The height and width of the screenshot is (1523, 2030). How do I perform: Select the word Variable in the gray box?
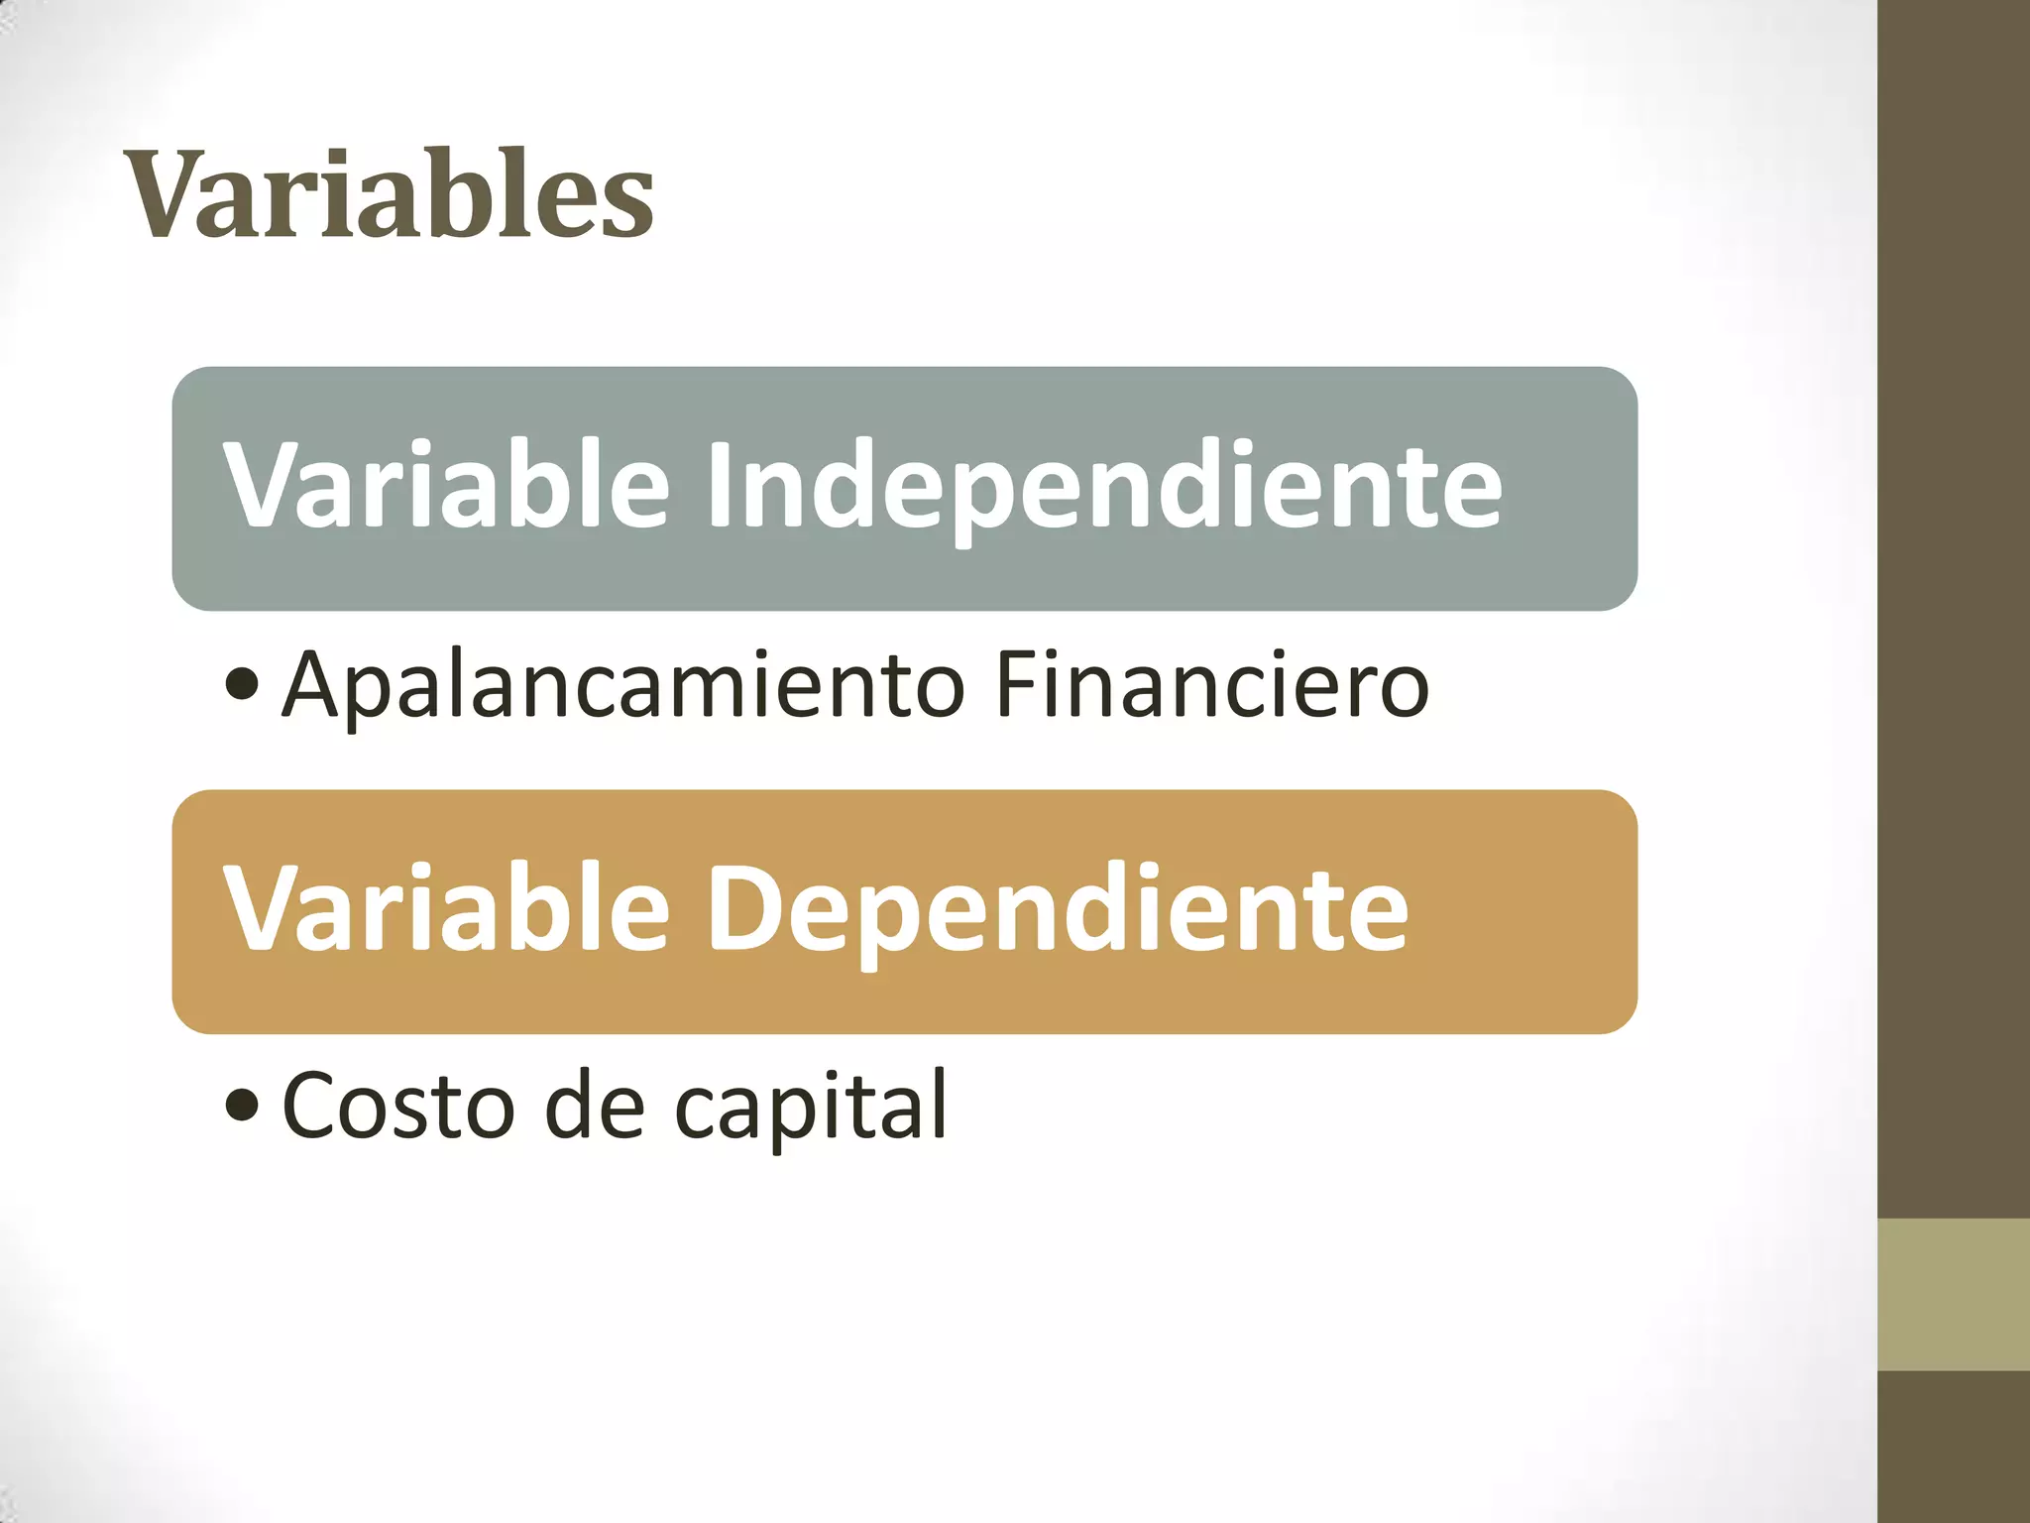pyautogui.click(x=446, y=485)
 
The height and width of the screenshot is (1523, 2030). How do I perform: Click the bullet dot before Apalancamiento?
pyautogui.click(x=242, y=683)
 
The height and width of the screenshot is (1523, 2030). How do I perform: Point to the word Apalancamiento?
pyautogui.click(x=623, y=684)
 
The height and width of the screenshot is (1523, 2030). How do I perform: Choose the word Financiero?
pyautogui.click(x=1211, y=683)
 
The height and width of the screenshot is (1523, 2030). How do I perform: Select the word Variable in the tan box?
pyautogui.click(x=446, y=908)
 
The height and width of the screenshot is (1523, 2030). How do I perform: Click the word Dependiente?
pyautogui.click(x=1057, y=910)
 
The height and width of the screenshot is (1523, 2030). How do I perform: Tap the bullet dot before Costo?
pyautogui.click(x=242, y=1106)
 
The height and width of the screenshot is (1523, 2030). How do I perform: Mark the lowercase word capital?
pyautogui.click(x=811, y=1107)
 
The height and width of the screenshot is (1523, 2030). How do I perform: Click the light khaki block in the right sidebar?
pyautogui.click(x=1954, y=1295)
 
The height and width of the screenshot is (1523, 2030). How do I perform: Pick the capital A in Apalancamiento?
pyautogui.click(x=316, y=683)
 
